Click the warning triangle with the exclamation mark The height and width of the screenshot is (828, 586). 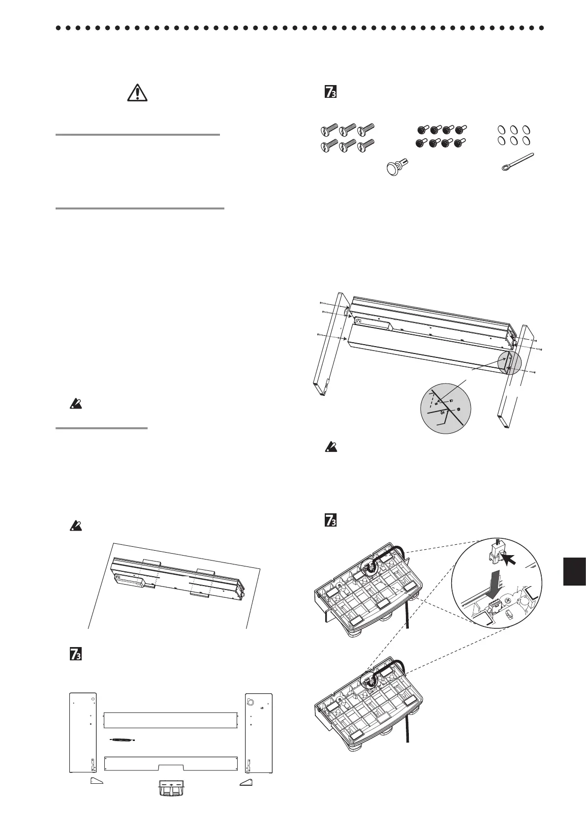coord(138,92)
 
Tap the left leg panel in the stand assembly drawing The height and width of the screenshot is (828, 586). coord(330,344)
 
